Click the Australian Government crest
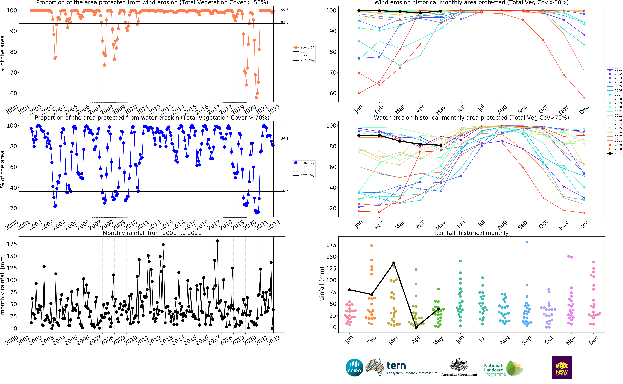(459, 365)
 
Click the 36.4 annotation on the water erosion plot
(285, 190)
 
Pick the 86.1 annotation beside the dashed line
(285, 139)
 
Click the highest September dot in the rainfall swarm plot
(527, 242)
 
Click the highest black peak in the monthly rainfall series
(218, 241)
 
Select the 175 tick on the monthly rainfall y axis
(12, 244)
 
